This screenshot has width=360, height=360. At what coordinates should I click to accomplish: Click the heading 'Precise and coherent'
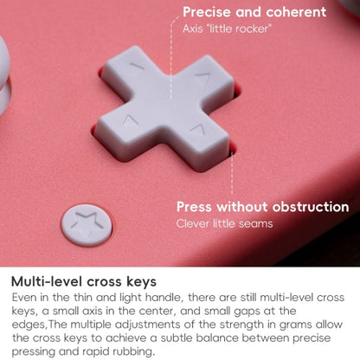[254, 12]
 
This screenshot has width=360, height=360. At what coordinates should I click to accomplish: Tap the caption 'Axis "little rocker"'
[227, 29]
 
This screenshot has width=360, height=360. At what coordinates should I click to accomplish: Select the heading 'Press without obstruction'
[263, 207]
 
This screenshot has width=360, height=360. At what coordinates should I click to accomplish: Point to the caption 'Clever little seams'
[224, 223]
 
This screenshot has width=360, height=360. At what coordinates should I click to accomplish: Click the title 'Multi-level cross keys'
[84, 281]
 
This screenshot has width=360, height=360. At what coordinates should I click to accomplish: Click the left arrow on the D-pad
[129, 120]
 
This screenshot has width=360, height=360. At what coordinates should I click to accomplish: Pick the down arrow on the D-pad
[196, 131]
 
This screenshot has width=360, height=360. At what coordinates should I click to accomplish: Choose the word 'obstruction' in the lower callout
[311, 207]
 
